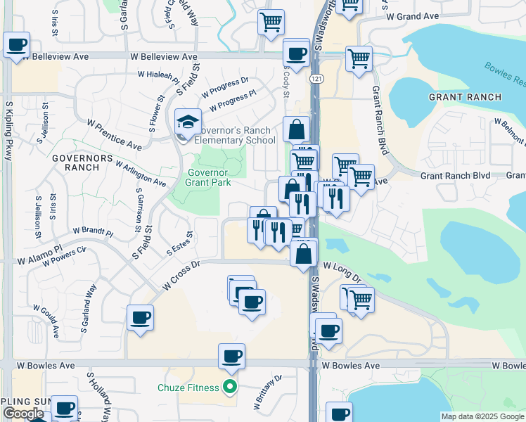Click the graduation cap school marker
(188, 122)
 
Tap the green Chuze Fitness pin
(229, 386)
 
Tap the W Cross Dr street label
(181, 275)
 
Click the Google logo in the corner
(23, 414)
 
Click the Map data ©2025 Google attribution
(482, 416)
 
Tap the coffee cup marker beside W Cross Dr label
(140, 317)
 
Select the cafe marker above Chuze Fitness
(231, 357)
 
